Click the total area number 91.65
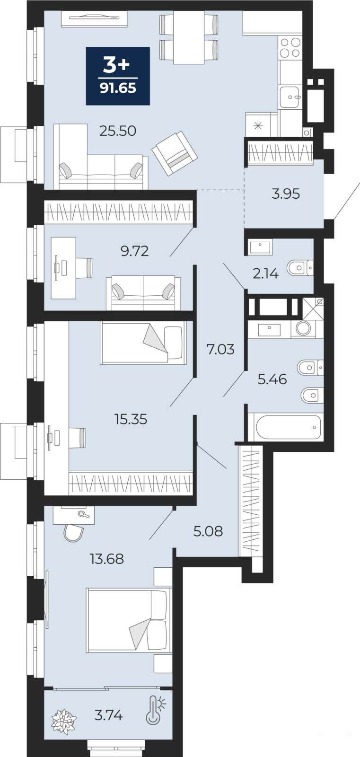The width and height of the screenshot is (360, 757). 118,88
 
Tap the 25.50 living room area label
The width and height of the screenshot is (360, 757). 118,131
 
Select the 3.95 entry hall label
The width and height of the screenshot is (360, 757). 286,194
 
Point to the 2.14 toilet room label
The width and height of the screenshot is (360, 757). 266,273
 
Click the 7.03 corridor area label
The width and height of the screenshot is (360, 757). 220,349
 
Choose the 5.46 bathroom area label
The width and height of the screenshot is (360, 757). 272,379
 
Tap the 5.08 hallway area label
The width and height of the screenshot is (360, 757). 208,531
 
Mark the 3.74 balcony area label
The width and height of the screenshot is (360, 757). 108,715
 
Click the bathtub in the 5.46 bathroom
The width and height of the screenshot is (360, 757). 288,427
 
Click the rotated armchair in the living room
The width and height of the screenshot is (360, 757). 175,154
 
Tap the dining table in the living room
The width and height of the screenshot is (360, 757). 189,37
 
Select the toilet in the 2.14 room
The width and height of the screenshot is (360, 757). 300,268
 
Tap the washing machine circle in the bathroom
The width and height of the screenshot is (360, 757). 303,328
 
